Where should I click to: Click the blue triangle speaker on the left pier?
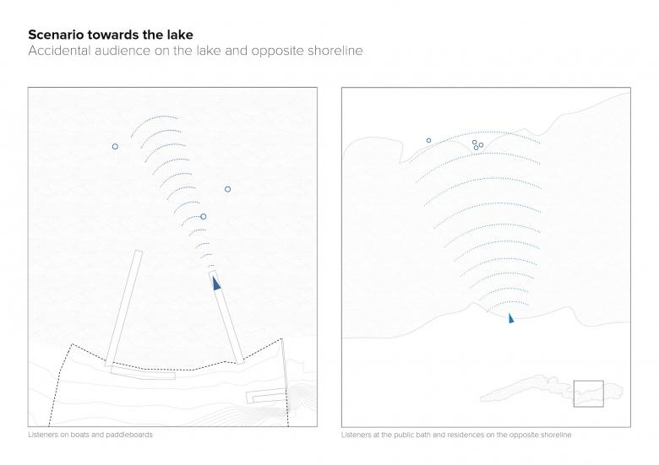(216, 284)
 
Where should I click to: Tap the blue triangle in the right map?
(510, 317)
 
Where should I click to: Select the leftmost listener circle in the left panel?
(115, 147)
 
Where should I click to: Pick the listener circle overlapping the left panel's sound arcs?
(204, 217)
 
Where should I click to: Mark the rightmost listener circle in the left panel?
(228, 189)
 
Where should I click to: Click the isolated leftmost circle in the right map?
(428, 141)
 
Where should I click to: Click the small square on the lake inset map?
(588, 381)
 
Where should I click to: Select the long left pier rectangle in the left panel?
(123, 309)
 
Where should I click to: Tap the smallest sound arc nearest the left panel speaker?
(210, 266)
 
